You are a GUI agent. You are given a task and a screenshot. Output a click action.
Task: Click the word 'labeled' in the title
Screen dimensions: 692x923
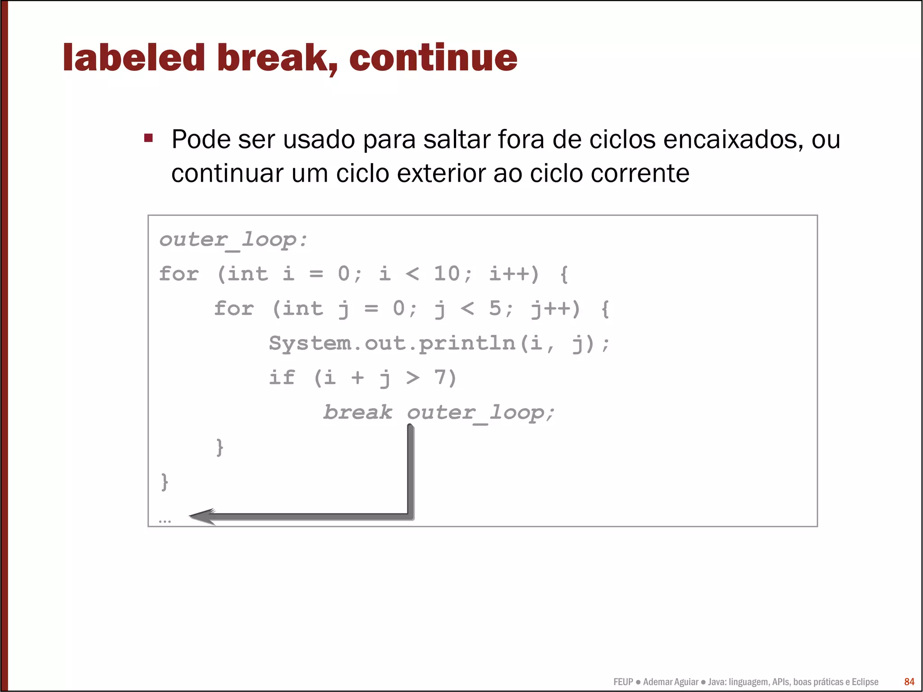click(134, 58)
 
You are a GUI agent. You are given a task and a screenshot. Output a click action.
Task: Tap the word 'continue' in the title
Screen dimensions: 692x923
click(433, 58)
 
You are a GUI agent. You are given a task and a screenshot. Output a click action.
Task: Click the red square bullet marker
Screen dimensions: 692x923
click(148, 138)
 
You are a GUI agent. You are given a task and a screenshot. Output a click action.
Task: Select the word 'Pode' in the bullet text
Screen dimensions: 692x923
click(201, 139)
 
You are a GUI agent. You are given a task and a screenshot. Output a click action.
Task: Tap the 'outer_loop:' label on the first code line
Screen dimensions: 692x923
click(233, 240)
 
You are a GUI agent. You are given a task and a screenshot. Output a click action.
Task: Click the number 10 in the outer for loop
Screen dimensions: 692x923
click(446, 274)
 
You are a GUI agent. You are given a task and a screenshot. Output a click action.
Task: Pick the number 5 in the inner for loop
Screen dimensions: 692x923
click(495, 308)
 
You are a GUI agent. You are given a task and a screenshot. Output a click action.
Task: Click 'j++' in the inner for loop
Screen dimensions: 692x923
click(555, 309)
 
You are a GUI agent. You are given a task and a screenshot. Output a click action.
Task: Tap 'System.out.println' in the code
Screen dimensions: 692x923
click(392, 343)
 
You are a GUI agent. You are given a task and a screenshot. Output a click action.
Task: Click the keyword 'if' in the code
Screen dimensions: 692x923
click(282, 378)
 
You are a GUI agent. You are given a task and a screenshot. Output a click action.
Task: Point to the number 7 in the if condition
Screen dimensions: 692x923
click(440, 378)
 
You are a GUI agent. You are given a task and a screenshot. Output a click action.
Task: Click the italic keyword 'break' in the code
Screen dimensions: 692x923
click(358, 412)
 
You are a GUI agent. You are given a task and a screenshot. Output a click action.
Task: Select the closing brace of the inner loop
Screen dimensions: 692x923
click(219, 447)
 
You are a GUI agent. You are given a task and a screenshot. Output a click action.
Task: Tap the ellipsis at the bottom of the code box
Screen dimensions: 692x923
click(165, 522)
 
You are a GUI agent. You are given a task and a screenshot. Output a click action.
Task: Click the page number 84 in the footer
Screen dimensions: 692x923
click(909, 682)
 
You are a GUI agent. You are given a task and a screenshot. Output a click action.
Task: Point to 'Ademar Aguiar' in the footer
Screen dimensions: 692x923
click(671, 682)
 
